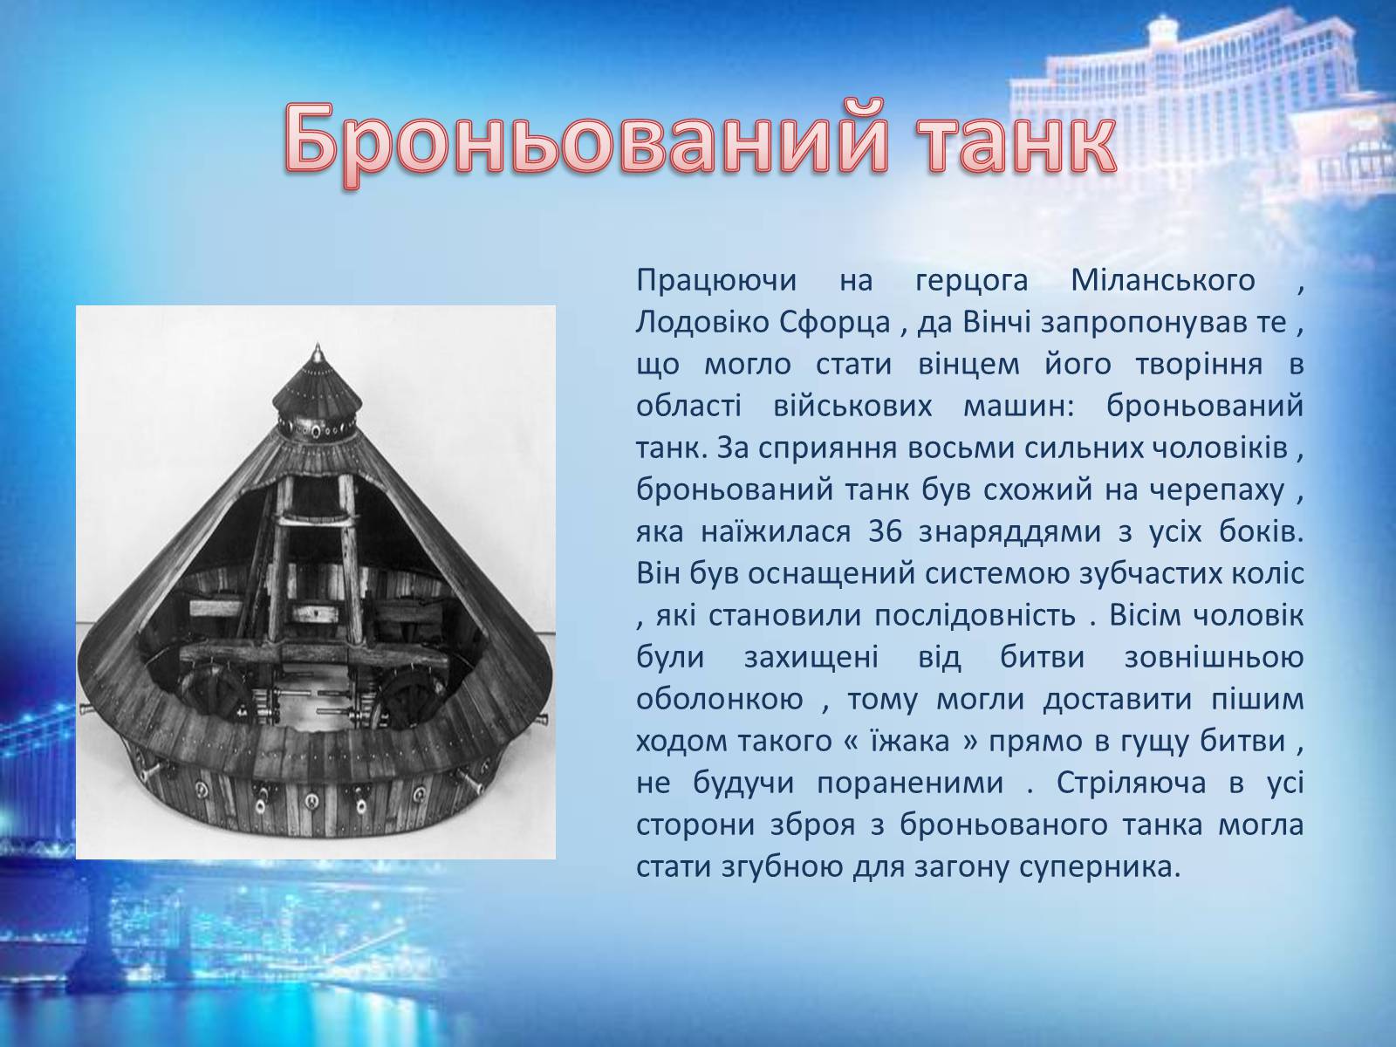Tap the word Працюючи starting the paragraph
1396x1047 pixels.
(x=716, y=281)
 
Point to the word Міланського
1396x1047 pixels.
(x=1163, y=280)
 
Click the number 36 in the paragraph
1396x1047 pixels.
(x=886, y=531)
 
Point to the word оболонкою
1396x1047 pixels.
(x=719, y=699)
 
